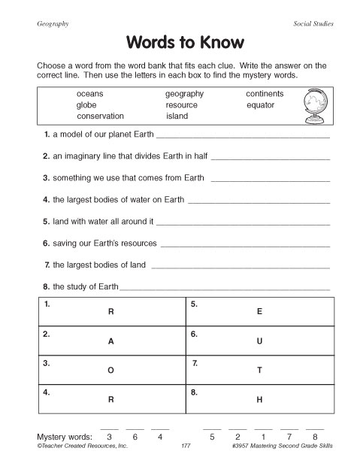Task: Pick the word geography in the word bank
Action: pyautogui.click(x=184, y=94)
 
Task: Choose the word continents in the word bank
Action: pyautogui.click(x=265, y=94)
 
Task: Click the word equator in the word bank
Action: pyautogui.click(x=260, y=105)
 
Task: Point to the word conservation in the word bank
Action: pyautogui.click(x=100, y=116)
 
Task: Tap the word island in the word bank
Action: pyautogui.click(x=177, y=116)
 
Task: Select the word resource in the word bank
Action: pyautogui.click(x=181, y=105)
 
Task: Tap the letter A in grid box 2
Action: pyautogui.click(x=111, y=340)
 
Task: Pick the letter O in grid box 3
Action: pyautogui.click(x=111, y=371)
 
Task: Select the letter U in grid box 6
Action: pyautogui.click(x=259, y=340)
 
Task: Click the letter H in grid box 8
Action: pyautogui.click(x=259, y=400)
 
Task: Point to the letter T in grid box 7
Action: pyautogui.click(x=259, y=371)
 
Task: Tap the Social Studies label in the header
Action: pyautogui.click(x=313, y=24)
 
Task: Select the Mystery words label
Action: pyautogui.click(x=65, y=437)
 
